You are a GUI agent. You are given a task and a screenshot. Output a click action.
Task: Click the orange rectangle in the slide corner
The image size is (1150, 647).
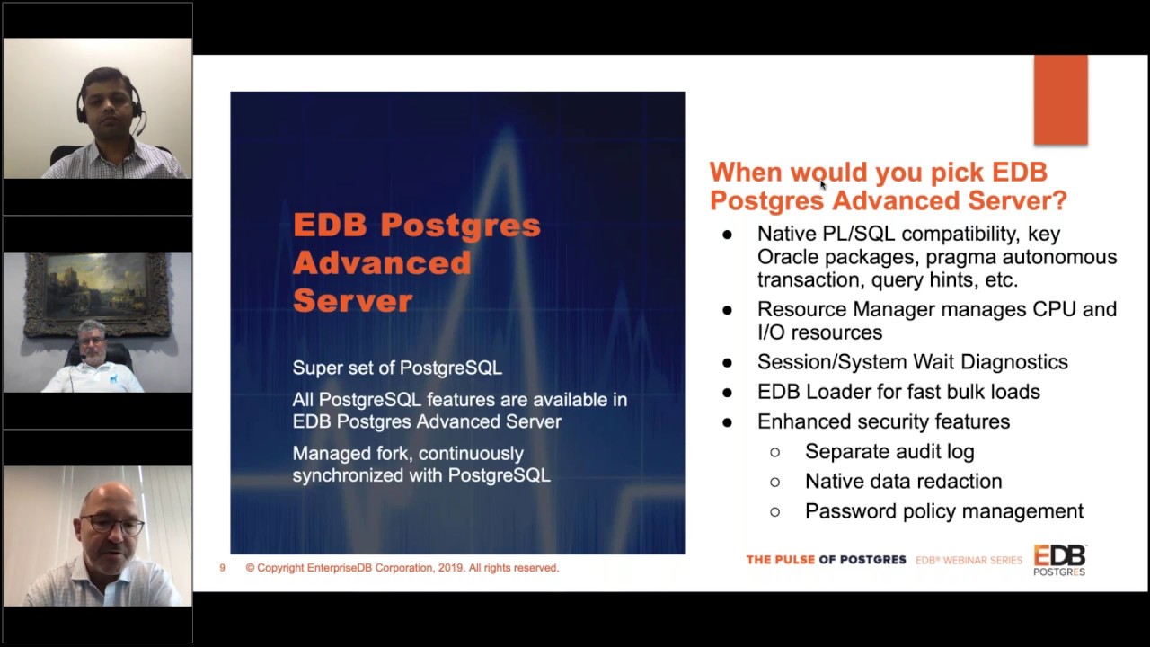pos(1060,100)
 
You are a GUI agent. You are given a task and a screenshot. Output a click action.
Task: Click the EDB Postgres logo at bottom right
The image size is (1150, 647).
pos(1058,560)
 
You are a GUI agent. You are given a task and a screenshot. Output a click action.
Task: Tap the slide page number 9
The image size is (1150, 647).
pos(222,568)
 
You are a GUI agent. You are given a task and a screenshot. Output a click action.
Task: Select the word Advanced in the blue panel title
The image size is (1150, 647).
pos(382,263)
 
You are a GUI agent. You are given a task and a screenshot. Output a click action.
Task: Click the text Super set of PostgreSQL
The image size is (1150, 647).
pos(396,368)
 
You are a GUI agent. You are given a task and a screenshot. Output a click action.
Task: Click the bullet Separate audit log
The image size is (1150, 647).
pos(889,451)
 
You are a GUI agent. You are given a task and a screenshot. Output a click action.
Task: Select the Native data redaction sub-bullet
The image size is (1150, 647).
pos(903,481)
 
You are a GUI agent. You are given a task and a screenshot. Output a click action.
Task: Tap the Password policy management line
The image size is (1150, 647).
pos(943,510)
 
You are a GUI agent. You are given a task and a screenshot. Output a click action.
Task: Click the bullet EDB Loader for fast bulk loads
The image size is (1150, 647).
pos(898,392)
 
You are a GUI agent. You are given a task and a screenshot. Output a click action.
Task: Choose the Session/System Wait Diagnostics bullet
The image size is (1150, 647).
pos(912,361)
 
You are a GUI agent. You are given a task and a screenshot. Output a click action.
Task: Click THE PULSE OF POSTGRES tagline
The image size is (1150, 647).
pos(826,560)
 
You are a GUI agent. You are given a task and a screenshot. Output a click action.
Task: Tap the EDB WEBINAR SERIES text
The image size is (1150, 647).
pos(969,560)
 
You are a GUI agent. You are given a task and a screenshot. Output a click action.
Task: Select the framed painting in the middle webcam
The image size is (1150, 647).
pos(97,292)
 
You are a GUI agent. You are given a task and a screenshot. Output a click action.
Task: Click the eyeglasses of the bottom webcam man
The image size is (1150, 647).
pos(112,524)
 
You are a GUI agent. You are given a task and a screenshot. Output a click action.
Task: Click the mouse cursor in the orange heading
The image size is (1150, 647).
pos(822,184)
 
